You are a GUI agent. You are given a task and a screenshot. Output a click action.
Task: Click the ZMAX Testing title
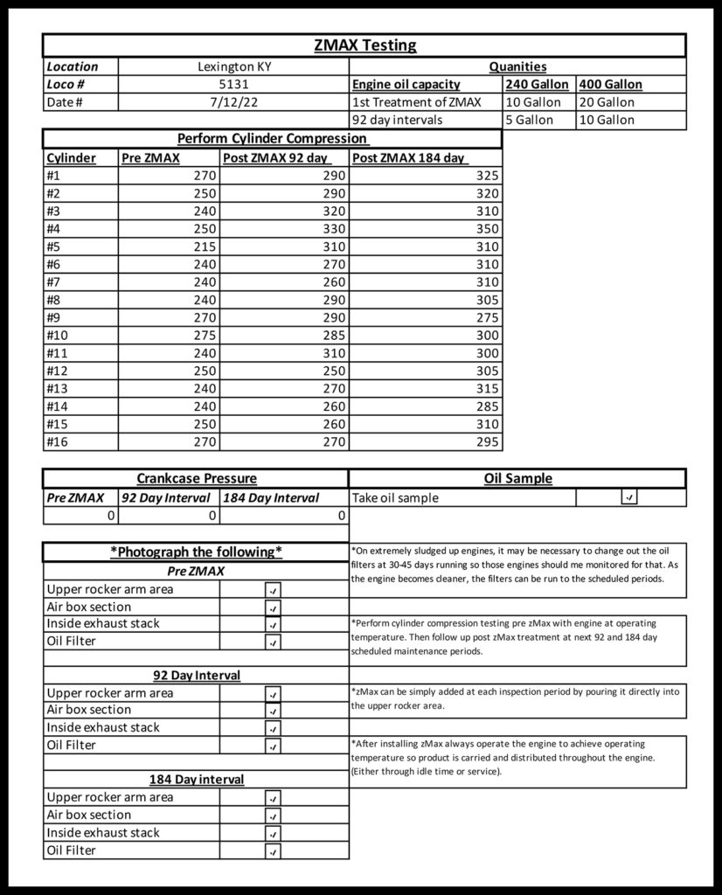click(x=364, y=45)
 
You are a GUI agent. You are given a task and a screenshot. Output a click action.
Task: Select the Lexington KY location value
click(x=233, y=66)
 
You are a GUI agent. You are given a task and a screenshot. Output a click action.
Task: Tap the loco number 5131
click(x=233, y=85)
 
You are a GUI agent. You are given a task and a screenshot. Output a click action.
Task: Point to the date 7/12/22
click(x=233, y=102)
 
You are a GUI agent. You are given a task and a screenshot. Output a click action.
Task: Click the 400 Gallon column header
click(x=610, y=85)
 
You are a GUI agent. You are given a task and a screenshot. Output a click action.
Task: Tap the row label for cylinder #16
click(x=58, y=441)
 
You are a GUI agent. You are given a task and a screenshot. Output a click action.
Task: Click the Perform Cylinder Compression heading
click(x=272, y=139)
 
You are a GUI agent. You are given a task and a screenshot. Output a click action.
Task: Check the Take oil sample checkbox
click(x=629, y=497)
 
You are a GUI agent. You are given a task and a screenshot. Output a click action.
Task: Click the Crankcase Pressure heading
click(x=197, y=478)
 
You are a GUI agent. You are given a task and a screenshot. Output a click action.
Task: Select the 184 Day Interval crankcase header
click(x=271, y=497)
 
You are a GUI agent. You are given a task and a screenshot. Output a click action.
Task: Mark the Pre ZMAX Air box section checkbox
click(x=273, y=607)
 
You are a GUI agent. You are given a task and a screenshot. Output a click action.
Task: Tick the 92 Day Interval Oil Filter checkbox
click(x=273, y=746)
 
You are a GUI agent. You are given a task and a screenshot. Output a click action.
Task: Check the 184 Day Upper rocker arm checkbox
click(x=273, y=798)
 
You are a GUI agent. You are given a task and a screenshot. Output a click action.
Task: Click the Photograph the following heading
click(x=196, y=552)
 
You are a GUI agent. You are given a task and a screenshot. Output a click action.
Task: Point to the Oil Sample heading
click(x=517, y=478)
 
